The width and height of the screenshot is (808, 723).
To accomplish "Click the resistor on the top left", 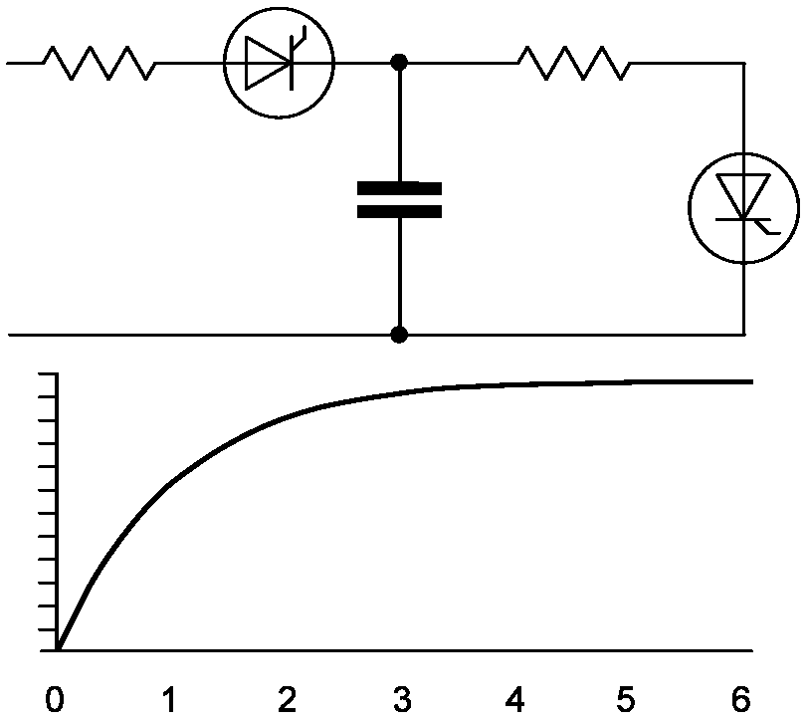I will pos(100,64).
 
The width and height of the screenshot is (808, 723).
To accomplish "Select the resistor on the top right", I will pos(574,64).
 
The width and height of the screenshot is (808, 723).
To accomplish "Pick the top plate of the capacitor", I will pos(399,187).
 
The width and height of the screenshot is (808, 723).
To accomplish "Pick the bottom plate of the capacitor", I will pos(399,210).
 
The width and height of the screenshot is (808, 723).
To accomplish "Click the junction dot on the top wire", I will pos(399,63).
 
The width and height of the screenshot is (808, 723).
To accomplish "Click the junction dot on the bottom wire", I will pos(399,335).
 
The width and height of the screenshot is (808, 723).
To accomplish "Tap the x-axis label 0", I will pos(57,700).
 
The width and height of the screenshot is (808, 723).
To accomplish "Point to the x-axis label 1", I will pos(171,700).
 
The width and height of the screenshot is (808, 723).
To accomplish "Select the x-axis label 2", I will pos(287,700).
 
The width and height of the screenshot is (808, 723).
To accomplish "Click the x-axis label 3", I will pos(401,700).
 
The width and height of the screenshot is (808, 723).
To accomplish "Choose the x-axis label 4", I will pos(514,700).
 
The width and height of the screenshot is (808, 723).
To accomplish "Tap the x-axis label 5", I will pos(627,700).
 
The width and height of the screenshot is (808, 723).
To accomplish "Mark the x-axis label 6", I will pos(740,700).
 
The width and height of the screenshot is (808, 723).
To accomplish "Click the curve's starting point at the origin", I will pos(58,650).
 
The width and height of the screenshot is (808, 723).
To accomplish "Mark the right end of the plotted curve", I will pos(750,381).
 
